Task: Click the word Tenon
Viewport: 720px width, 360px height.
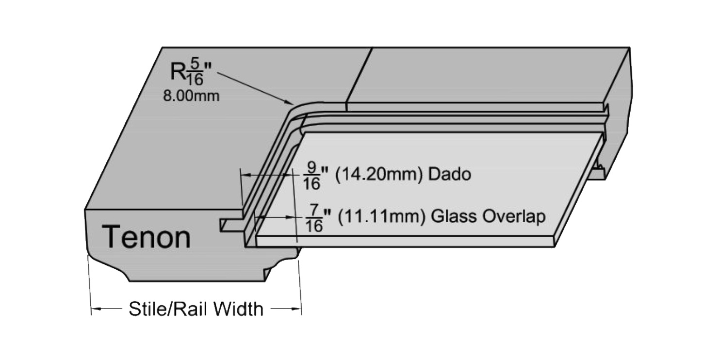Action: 146,238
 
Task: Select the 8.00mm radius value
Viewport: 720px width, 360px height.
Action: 191,96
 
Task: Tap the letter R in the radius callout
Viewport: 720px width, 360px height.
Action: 178,71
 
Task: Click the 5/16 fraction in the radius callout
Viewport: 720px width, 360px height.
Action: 195,72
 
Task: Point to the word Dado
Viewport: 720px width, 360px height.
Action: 450,174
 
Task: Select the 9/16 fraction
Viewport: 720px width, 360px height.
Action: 312,176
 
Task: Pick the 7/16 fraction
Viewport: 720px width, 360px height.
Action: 314,218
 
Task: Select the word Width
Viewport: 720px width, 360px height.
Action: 238,309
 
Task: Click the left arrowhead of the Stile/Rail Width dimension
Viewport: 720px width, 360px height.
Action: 96,309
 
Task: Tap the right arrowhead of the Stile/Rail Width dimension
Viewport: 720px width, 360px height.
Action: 296,309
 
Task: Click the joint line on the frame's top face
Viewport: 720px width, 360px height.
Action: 359,75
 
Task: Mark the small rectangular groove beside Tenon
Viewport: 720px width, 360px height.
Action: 231,225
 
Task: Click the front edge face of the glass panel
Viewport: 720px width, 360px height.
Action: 405,242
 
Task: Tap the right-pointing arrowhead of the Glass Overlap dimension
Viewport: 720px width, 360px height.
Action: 291,217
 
